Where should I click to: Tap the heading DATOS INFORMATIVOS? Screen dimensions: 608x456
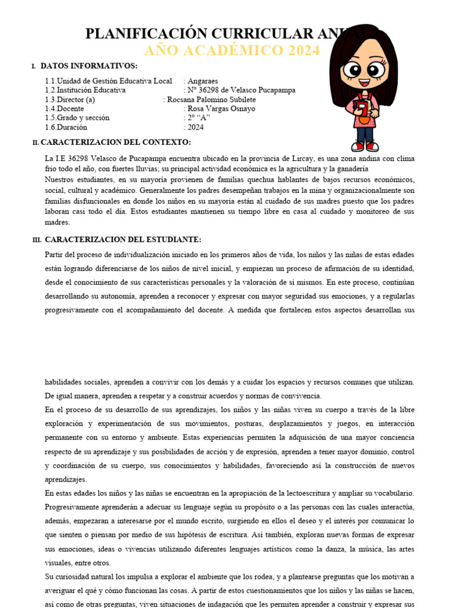point(89,66)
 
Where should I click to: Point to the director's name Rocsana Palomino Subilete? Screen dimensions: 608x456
point(211,100)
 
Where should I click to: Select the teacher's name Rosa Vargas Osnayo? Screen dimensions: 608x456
point(221,109)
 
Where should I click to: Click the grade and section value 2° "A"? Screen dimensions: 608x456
point(198,118)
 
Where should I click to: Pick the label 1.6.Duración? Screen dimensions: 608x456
point(66,127)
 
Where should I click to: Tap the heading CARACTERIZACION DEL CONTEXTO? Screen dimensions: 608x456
point(116,142)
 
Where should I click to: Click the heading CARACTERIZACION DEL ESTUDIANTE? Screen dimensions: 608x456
point(123,239)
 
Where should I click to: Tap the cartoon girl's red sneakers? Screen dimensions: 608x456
point(365,145)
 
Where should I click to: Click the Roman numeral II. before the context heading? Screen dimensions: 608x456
point(36,143)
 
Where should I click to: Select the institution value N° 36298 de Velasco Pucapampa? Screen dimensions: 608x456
point(241,90)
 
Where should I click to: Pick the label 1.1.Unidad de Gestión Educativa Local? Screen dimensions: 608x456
point(109,81)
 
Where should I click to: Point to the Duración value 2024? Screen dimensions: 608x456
point(195,127)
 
